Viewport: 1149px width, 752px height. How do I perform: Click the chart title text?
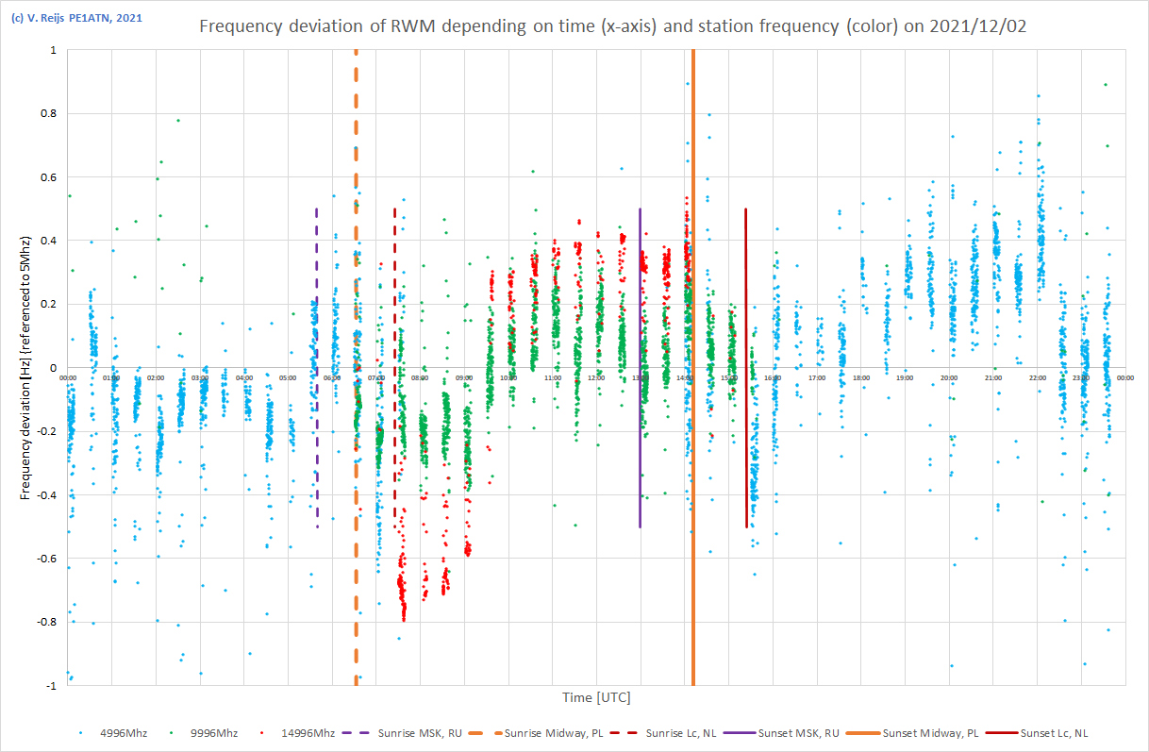[612, 26]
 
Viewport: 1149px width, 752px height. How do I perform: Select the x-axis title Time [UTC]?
[596, 698]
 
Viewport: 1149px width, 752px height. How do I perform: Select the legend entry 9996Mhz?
[212, 733]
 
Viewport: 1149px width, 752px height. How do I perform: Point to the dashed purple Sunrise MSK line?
[317, 283]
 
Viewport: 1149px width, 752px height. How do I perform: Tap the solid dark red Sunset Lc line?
[746, 283]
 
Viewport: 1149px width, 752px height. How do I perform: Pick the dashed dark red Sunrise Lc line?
[394, 283]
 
